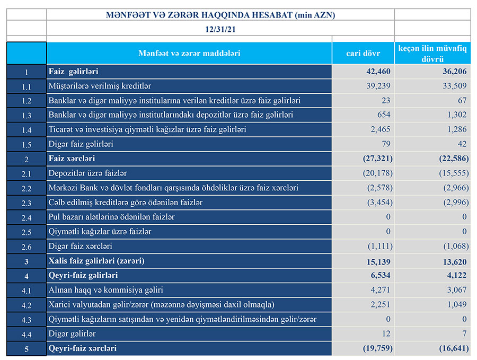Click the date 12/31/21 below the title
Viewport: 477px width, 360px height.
pos(220,30)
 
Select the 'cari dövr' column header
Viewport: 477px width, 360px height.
pos(363,54)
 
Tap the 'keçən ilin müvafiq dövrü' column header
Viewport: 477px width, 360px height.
pos(432,54)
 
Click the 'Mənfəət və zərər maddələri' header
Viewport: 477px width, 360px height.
pos(189,54)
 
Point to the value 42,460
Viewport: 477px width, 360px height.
pos(378,71)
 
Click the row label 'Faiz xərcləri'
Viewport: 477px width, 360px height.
pos(72,159)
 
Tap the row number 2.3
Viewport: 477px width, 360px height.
pos(26,203)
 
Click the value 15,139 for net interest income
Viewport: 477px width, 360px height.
pos(378,261)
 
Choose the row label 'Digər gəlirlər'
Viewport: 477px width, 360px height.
pos(72,334)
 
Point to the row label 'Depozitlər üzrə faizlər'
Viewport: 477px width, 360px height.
pos(87,173)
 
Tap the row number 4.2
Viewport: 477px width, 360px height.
pos(26,305)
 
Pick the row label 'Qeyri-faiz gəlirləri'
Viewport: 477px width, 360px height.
pos(83,276)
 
